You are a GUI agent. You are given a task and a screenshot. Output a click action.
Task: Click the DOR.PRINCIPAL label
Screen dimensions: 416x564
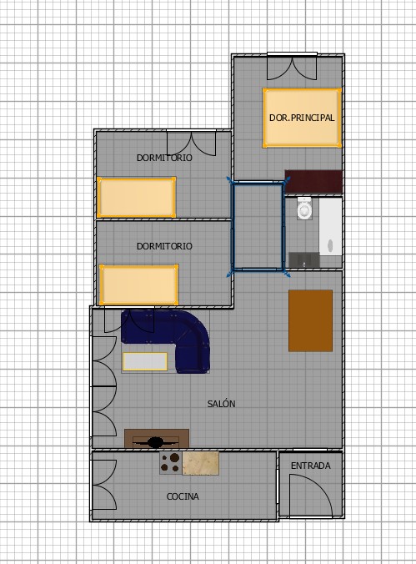pos(302,118)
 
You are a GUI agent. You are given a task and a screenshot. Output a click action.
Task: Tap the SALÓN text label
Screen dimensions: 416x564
pos(221,404)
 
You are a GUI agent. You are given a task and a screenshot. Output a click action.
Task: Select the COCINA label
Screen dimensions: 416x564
pos(183,496)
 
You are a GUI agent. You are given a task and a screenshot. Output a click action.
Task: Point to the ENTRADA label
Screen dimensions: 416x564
pos(311,466)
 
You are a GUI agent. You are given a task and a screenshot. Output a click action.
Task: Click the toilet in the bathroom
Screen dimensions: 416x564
pos(304,209)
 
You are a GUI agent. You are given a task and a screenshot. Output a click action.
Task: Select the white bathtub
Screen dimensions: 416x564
pos(330,227)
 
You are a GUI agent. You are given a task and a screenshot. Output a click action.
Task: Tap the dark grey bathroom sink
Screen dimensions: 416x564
pos(304,259)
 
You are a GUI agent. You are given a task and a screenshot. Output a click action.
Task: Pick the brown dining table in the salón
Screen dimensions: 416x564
pos(310,320)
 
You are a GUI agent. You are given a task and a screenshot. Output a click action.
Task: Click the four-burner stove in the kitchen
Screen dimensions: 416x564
pos(171,463)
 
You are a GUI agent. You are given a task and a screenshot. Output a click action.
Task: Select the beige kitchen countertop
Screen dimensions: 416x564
pos(201,463)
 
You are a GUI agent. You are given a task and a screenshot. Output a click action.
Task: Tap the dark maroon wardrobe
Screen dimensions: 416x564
pos(313,182)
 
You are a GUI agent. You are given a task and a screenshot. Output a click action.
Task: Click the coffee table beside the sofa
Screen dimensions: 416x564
pos(145,361)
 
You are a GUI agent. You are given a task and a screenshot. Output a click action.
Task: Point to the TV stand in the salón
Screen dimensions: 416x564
pos(157,439)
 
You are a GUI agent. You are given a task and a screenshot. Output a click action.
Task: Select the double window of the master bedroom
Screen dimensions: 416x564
pos(292,67)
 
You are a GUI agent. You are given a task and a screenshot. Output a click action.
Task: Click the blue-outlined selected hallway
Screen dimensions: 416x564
pos(258,227)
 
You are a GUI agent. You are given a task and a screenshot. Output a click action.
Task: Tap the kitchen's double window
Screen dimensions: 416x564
pos(105,485)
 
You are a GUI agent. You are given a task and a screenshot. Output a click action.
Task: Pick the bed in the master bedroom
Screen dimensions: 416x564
pos(302,118)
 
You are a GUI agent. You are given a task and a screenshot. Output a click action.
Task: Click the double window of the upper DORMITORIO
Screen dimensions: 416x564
pos(191,143)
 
